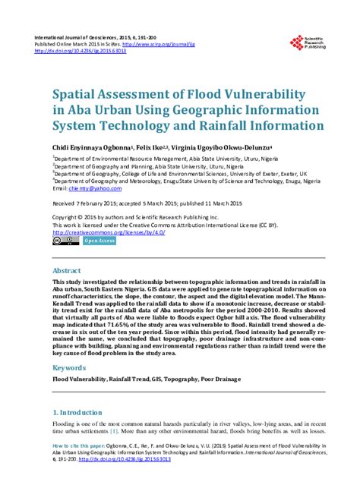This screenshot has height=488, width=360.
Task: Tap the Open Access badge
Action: (99, 241)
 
